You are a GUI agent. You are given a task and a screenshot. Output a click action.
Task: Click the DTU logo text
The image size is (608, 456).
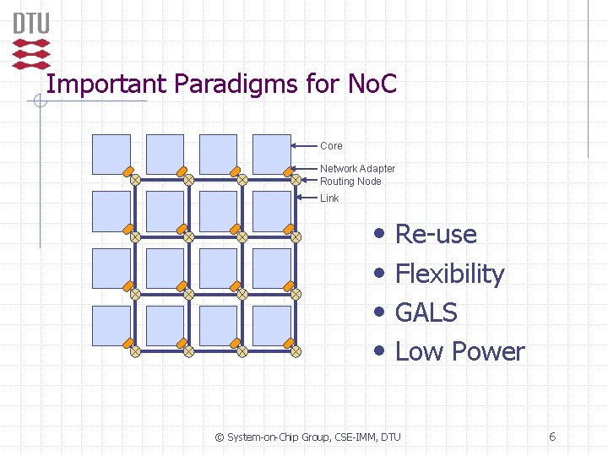click(31, 23)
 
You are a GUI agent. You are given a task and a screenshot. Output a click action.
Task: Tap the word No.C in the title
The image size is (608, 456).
click(372, 84)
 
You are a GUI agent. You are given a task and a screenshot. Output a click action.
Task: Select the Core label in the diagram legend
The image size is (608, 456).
click(331, 146)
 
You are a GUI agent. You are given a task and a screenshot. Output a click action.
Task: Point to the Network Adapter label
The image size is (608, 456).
click(357, 169)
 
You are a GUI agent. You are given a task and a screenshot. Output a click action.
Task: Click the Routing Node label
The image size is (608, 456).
click(350, 182)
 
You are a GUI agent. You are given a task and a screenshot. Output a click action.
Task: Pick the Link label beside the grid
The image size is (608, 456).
click(329, 198)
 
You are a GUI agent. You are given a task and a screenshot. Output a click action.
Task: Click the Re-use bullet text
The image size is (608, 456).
click(436, 234)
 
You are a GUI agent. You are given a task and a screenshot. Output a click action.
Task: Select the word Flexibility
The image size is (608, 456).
click(449, 274)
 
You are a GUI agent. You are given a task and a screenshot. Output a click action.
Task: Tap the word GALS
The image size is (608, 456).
click(426, 312)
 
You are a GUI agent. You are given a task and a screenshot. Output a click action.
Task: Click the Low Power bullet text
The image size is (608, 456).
click(459, 351)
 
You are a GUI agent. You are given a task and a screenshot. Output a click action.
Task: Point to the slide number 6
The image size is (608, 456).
click(552, 437)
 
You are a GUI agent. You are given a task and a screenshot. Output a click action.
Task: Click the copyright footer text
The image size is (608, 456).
click(308, 437)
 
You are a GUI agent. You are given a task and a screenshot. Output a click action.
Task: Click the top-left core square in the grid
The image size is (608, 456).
click(111, 154)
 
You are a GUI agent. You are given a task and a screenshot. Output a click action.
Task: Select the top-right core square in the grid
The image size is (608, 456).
click(272, 154)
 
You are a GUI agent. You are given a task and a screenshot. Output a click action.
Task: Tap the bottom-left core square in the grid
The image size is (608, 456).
click(111, 325)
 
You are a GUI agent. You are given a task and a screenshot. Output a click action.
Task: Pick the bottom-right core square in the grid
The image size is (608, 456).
click(272, 325)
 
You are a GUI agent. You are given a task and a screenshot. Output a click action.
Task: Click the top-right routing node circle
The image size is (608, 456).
click(296, 179)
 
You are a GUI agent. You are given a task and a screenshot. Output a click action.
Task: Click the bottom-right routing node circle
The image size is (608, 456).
click(296, 350)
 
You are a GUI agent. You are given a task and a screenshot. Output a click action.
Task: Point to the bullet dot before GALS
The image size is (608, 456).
click(382, 312)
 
